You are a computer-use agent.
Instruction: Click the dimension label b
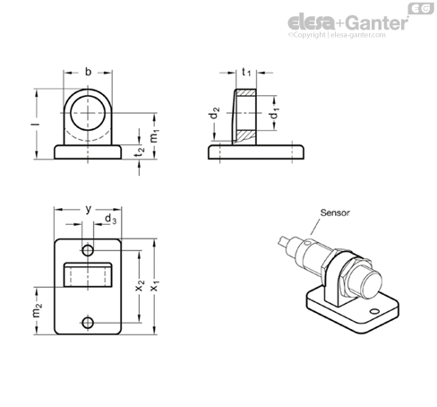coord(88,72)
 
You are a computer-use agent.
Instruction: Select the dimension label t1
coord(246,72)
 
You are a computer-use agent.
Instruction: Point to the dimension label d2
coord(215,113)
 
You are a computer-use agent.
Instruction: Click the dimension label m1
coord(154,136)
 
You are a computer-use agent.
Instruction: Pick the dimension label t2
coord(139,152)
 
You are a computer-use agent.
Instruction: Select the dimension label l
coord(36,124)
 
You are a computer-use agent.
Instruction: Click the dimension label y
coord(88,209)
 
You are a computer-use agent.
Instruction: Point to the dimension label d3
coord(111,219)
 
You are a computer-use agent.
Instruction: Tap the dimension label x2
coord(140,285)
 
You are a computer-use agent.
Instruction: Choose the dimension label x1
coord(155,285)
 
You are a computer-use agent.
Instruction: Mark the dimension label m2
coord(37,310)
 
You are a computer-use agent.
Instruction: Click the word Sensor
coord(335,212)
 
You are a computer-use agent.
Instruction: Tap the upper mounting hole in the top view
coord(88,250)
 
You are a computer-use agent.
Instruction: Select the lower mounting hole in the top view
coord(88,323)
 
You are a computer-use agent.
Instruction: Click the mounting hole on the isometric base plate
coord(374,312)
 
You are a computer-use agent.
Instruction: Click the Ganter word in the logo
coord(378,22)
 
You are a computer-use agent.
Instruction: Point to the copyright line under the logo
coord(337,35)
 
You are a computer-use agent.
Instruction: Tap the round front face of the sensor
coord(371,286)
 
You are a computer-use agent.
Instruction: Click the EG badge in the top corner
coord(421,8)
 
